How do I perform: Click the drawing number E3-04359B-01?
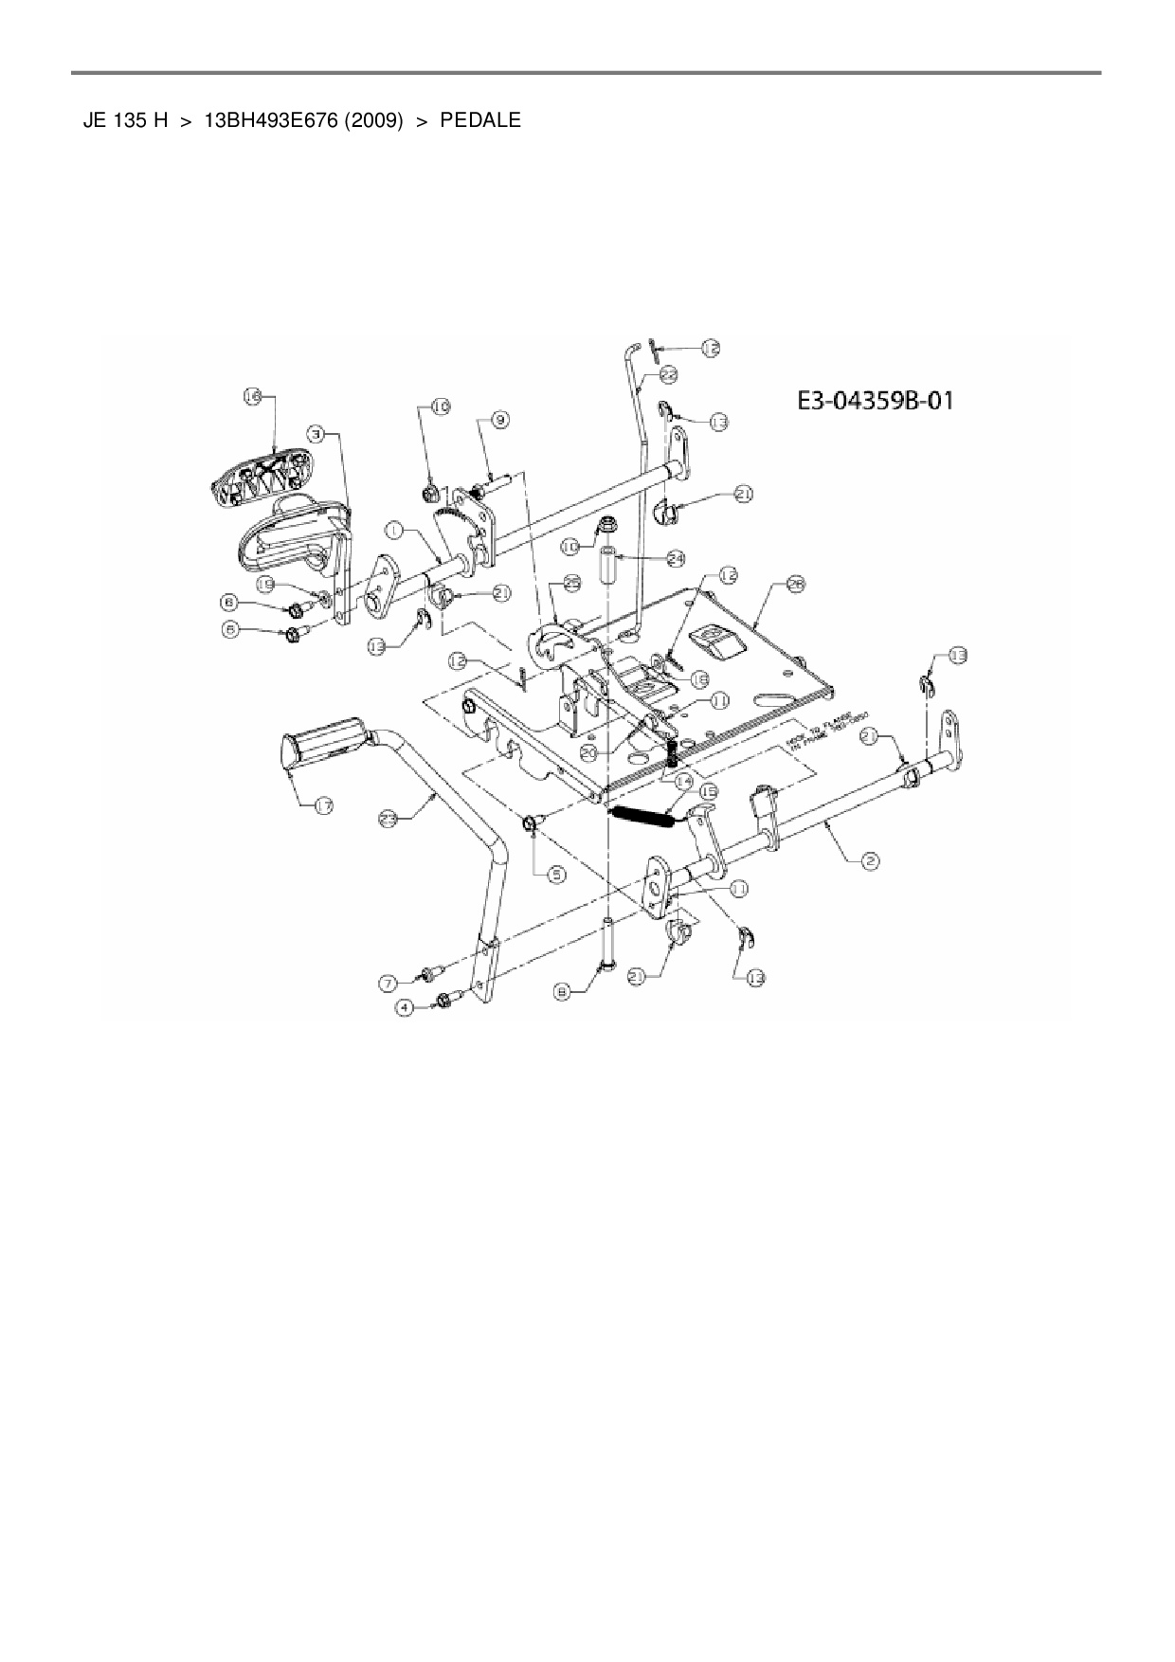pos(875,401)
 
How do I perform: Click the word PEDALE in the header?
pos(480,121)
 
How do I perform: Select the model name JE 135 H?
pos(126,121)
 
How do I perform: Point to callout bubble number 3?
pos(318,433)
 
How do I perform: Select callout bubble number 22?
pos(668,375)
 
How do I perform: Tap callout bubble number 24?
pos(675,558)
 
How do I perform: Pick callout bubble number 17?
pos(323,805)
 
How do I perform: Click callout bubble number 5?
pos(556,875)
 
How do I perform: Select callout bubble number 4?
pos(405,1008)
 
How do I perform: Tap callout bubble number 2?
pos(870,860)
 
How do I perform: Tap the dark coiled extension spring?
pos(642,815)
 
